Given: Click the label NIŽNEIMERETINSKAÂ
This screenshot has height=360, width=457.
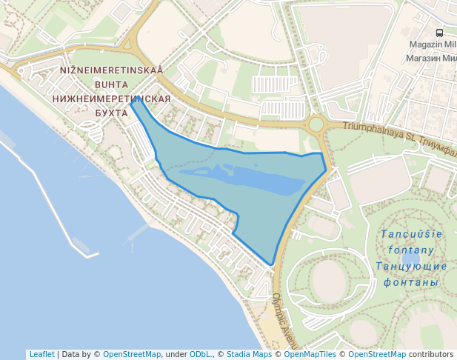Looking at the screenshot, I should pos(111,71).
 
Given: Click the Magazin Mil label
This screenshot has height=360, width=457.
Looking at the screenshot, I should pos(433,44).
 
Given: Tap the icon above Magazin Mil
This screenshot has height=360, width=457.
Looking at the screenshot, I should pos(439,33).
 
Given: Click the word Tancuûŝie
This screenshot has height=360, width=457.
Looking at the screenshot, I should pos(411,234).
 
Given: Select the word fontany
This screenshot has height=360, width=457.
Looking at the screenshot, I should pos(410,250).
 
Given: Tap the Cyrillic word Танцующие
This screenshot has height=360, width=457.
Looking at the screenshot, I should pos(411,266).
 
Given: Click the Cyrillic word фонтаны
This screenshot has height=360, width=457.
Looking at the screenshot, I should pos(410,282).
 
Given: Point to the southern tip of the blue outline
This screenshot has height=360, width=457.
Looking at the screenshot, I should pos(272,264).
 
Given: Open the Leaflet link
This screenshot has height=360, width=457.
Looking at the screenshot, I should pos(41,354).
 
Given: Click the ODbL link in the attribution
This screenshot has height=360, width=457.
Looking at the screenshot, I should pos(199,354).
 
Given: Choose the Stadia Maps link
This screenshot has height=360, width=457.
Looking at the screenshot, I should pos(249,354).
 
